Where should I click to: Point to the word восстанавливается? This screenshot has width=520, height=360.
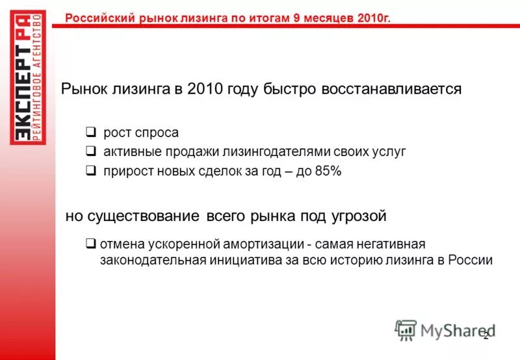pyautogui.click(x=391, y=89)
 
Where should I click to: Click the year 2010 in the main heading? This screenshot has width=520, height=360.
pyautogui.click(x=205, y=89)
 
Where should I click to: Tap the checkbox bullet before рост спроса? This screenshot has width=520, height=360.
pyautogui.click(x=92, y=133)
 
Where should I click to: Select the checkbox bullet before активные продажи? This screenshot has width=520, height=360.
pyautogui.click(x=92, y=151)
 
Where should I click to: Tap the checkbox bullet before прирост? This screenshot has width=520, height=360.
pyautogui.click(x=92, y=171)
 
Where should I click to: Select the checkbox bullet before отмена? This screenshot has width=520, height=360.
pyautogui.click(x=92, y=244)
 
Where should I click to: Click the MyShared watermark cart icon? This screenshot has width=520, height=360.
pyautogui.click(x=406, y=330)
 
